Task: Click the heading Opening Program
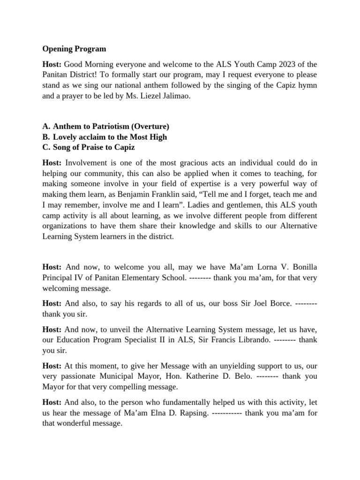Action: (74, 49)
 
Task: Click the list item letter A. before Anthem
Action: (46, 127)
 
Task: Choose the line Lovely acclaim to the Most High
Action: (110, 137)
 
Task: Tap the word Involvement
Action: (87, 163)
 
